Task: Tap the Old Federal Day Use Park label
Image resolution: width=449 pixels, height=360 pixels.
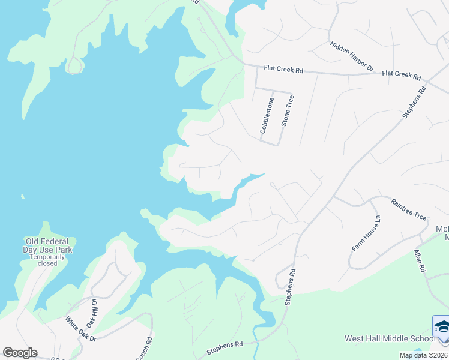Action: click(x=47, y=244)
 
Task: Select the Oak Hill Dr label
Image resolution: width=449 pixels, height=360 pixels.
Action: click(x=91, y=310)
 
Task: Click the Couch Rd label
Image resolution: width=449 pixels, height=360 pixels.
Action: click(x=145, y=347)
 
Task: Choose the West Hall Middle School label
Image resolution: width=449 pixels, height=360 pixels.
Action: click(x=390, y=338)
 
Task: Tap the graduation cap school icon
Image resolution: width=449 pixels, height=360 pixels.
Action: click(x=441, y=327)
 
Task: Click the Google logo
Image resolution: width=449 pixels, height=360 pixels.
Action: click(x=20, y=352)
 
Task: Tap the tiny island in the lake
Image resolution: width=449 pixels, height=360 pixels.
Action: click(x=23, y=196)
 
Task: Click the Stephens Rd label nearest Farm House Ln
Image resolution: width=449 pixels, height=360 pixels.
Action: click(x=291, y=287)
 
